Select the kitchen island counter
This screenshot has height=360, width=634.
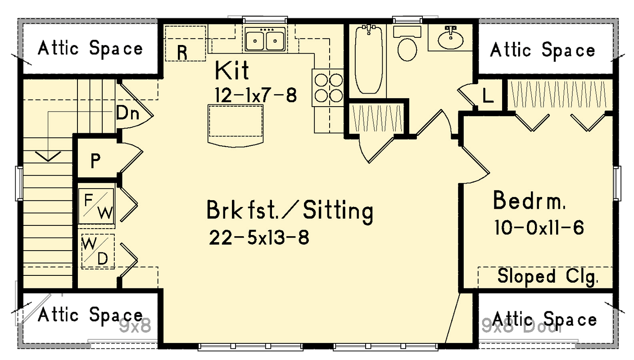coord(235,123)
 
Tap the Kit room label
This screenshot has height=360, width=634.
coord(231,70)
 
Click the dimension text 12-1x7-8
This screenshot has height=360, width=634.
coord(256,95)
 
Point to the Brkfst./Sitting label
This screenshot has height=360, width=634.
coord(290,211)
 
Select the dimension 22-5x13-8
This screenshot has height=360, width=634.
coord(259,238)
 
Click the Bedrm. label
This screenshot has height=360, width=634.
coord(529,201)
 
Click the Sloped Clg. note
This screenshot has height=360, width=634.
coord(548,276)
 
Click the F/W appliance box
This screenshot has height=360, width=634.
coord(96,206)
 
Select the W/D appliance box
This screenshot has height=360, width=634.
coord(97,252)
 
